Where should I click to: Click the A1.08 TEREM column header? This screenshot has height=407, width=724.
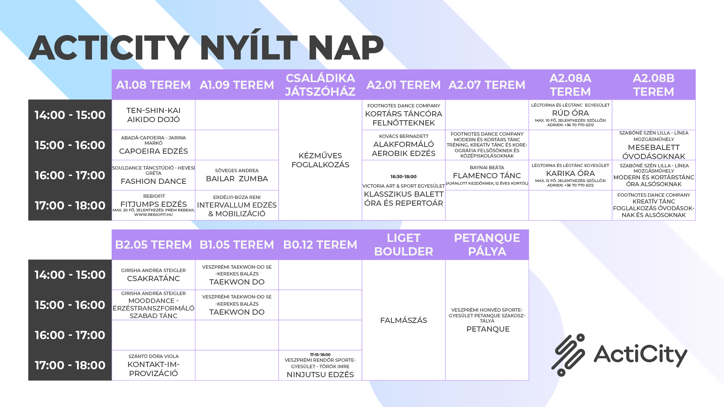(x=153, y=85)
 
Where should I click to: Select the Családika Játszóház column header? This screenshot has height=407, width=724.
(x=320, y=85)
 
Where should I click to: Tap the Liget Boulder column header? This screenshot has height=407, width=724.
(x=403, y=245)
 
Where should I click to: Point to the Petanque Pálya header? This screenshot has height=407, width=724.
(x=487, y=245)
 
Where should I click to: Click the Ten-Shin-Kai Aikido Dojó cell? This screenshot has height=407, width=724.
(x=153, y=115)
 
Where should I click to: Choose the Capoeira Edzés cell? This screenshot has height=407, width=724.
(x=153, y=145)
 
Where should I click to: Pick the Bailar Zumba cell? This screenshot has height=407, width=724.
(x=237, y=175)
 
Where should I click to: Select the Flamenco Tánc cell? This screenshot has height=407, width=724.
(x=487, y=175)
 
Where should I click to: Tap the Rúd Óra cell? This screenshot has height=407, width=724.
(x=570, y=115)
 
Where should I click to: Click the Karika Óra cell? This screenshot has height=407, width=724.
(x=570, y=175)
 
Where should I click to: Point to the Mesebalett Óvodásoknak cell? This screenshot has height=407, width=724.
(x=653, y=145)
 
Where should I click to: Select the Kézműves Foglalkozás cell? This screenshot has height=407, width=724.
(x=320, y=160)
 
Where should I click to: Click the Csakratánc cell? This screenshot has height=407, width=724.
(x=153, y=275)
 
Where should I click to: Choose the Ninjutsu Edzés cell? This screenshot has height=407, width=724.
(x=320, y=365)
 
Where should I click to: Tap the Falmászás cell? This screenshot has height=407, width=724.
(x=403, y=320)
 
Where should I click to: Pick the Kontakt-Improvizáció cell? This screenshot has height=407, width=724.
(x=153, y=365)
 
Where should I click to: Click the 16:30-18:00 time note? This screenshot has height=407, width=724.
(x=403, y=176)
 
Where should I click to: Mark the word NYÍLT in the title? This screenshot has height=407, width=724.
(x=248, y=48)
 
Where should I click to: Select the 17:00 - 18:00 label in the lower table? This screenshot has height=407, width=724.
(x=70, y=365)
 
